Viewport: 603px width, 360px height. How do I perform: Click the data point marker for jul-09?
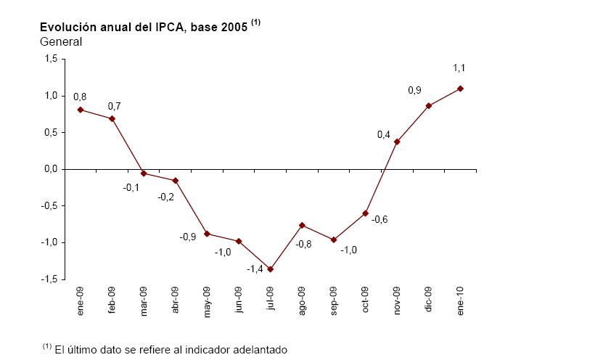pos(271,269)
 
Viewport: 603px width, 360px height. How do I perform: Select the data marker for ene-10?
pos(460,89)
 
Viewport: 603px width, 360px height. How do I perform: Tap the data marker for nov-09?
pos(397,142)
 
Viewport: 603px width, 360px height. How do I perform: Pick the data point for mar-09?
pos(144,173)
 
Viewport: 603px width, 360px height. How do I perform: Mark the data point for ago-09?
pos(302,225)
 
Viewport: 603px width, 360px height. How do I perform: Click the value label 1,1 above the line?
pos(459,68)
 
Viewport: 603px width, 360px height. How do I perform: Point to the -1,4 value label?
pos(254,269)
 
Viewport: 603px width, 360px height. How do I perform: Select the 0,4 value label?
pos(384,135)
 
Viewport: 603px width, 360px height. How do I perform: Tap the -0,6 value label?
pos(380,219)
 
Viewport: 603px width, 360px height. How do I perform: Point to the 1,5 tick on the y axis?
pos(50,60)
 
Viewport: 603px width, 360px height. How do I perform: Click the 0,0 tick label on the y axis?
pos(50,169)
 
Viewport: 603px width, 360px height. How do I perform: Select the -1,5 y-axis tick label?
pos(49,279)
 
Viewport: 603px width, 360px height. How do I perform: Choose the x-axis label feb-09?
pos(112,298)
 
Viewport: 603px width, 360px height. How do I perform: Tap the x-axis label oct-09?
pos(365,298)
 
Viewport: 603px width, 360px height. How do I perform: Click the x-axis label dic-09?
pos(428,298)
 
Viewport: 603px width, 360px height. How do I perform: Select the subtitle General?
pos(61,41)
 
